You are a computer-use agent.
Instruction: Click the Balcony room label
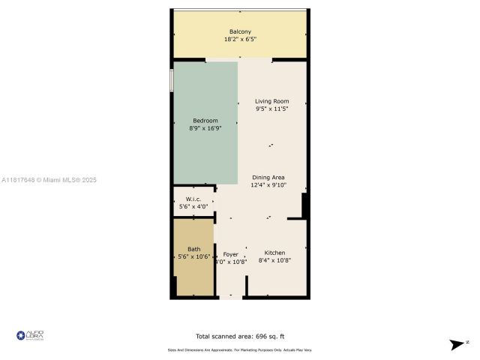coord(240,31)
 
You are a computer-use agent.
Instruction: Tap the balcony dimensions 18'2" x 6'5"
coord(240,39)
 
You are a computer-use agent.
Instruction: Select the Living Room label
coord(271,101)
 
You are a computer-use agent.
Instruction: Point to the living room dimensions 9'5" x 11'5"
coord(271,109)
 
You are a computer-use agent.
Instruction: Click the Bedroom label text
coord(205,121)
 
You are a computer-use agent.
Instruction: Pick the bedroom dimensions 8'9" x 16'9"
coord(205,129)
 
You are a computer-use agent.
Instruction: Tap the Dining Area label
coord(268,177)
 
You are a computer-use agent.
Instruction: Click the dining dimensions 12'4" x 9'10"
coord(268,185)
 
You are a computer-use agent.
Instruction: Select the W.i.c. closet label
coord(193,199)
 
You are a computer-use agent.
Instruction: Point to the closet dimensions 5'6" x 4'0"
coord(193,207)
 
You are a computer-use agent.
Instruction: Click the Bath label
coord(193,249)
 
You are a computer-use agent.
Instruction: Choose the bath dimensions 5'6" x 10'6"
coord(193,257)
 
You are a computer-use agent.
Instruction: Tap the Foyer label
coord(230,253)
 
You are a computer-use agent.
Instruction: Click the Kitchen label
coord(274,253)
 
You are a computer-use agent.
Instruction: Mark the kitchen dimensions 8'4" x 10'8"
coord(274,261)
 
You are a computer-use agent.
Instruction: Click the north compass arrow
coord(456,344)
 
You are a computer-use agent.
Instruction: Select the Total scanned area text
coord(239,337)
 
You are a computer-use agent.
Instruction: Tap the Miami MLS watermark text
coord(49,180)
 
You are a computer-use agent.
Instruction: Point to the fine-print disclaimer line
coord(239,350)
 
